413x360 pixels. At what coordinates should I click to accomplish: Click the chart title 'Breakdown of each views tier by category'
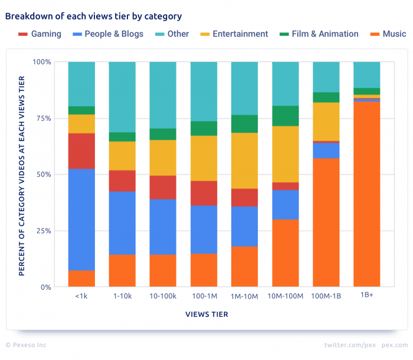click(93, 17)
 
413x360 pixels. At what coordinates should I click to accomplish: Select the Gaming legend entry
click(40, 34)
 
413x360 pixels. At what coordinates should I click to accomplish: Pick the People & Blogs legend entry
click(107, 34)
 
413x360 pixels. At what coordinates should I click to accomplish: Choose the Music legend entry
click(387, 34)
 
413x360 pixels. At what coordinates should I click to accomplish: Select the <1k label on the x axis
click(81, 296)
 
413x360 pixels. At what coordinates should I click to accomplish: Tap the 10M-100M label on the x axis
click(286, 296)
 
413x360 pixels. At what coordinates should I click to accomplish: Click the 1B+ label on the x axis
click(367, 296)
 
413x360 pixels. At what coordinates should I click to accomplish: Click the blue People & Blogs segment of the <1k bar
click(81, 220)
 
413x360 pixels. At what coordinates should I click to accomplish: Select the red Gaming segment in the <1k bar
click(81, 151)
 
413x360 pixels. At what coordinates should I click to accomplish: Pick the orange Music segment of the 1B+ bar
click(367, 195)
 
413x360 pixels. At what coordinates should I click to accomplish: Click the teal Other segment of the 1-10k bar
click(122, 97)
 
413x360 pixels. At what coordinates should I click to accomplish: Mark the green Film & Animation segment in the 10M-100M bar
click(286, 116)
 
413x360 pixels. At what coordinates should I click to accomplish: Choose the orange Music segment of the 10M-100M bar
click(286, 253)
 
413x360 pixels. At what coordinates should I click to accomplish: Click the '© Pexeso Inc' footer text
click(26, 345)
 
